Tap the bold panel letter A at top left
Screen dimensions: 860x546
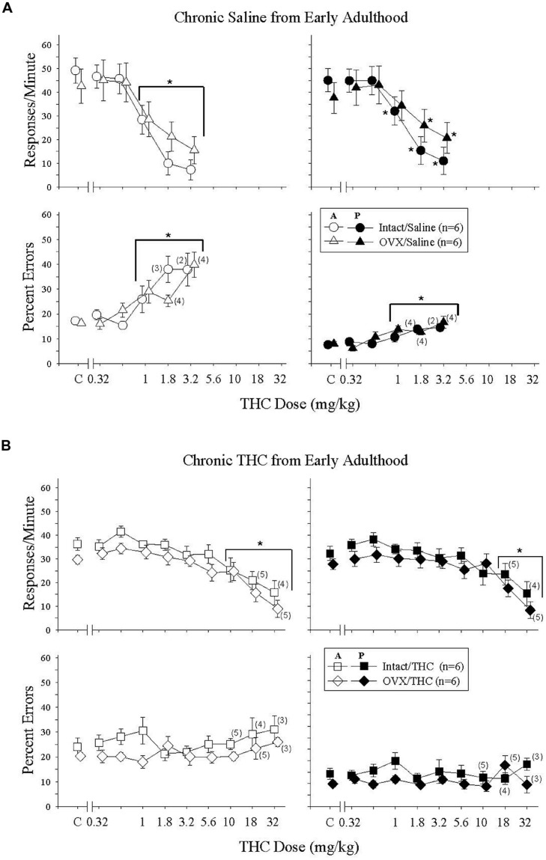pyautogui.click(x=6, y=6)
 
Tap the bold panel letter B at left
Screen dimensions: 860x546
pyautogui.click(x=6, y=445)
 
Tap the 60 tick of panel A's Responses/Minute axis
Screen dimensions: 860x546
pyautogui.click(x=48, y=45)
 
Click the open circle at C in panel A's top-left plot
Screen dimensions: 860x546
pyautogui.click(x=75, y=70)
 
